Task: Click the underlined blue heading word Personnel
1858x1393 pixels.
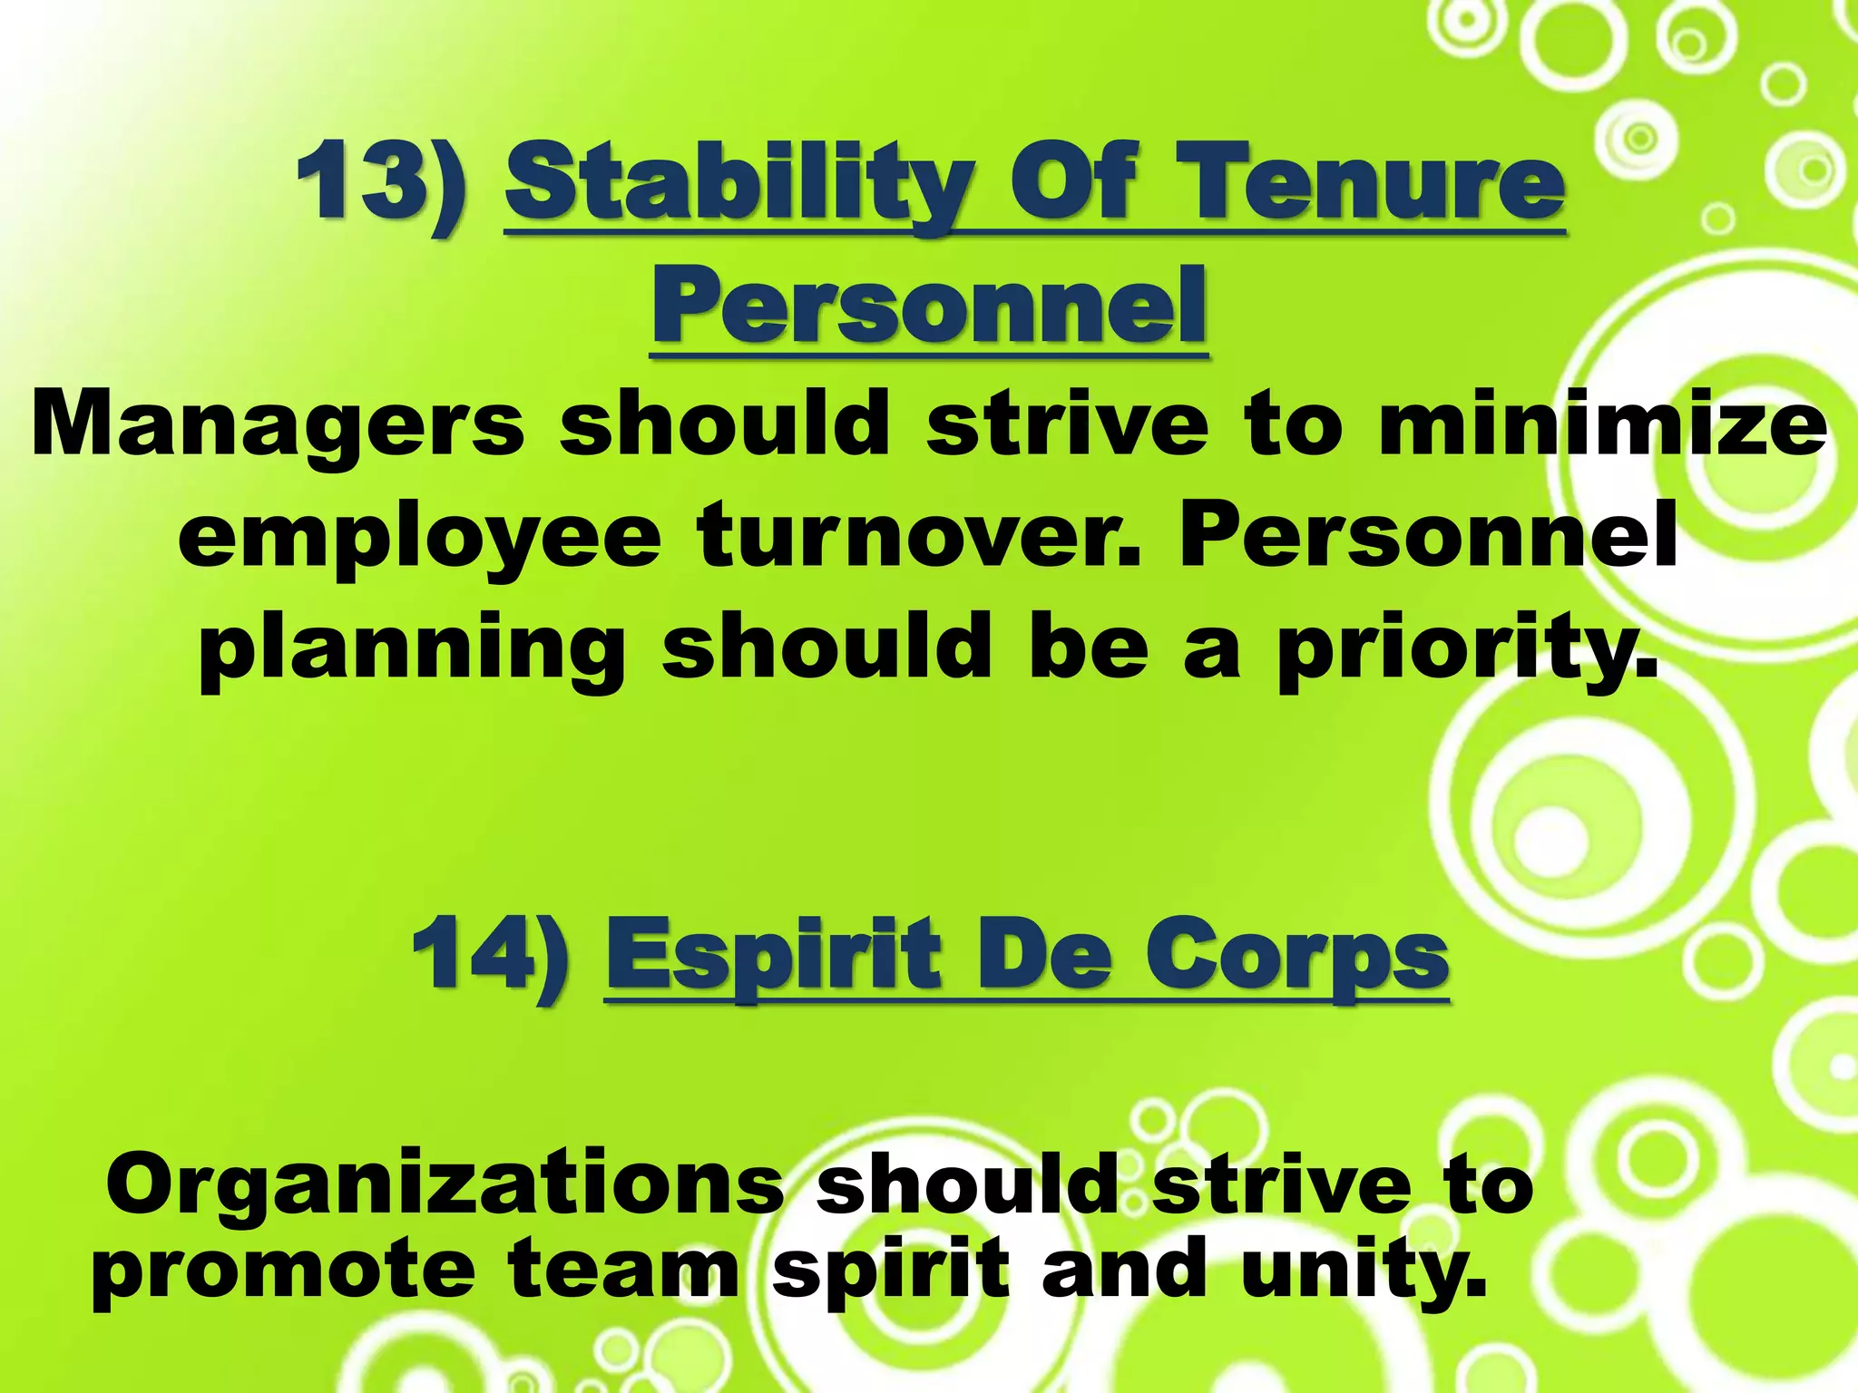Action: [930, 303]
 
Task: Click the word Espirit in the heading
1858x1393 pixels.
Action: [776, 957]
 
